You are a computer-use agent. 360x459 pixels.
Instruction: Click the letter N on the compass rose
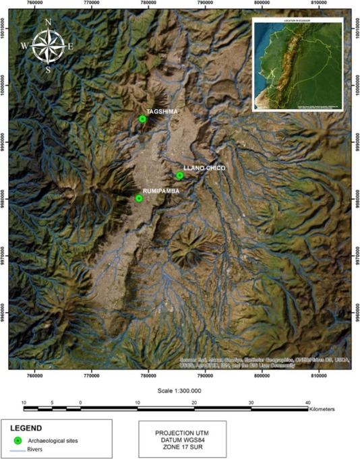pyautogui.click(x=48, y=22)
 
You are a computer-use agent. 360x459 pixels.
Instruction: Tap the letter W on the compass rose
pyautogui.click(x=24, y=46)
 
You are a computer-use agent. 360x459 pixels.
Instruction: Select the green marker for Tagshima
pyautogui.click(x=142, y=119)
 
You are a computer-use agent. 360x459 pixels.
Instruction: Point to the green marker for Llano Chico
pyautogui.click(x=180, y=175)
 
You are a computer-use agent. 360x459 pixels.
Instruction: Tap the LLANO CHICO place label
pyautogui.click(x=204, y=167)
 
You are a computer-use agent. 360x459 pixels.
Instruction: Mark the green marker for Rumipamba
pyautogui.click(x=139, y=198)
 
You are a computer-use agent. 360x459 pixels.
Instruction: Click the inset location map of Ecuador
pyautogui.click(x=297, y=65)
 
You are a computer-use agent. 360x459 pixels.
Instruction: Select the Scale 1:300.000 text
pyautogui.click(x=179, y=390)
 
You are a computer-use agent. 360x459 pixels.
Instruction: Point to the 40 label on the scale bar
pyautogui.click(x=307, y=402)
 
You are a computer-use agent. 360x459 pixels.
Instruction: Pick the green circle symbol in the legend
pyautogui.click(x=18, y=440)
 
